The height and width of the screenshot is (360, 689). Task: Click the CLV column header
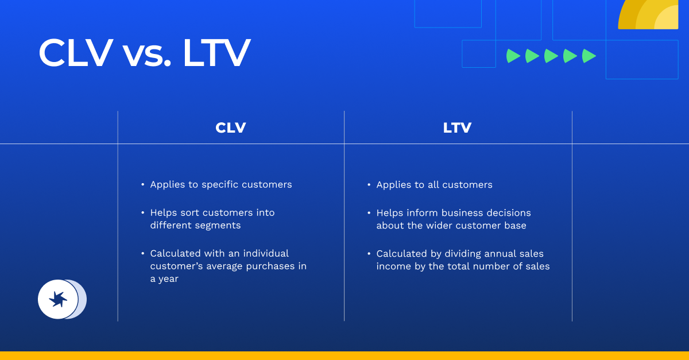pyautogui.click(x=231, y=127)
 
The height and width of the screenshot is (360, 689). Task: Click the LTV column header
pyautogui.click(x=457, y=127)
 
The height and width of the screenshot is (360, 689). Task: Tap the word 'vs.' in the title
pyautogui.click(x=147, y=54)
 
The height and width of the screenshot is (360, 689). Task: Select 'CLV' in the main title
pyautogui.click(x=75, y=54)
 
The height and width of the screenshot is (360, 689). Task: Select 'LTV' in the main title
pyautogui.click(x=216, y=54)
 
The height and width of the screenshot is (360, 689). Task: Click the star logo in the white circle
pyautogui.click(x=58, y=299)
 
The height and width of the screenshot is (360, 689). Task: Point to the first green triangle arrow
pyautogui.click(x=513, y=56)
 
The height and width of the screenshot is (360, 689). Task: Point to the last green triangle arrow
pyautogui.click(x=589, y=56)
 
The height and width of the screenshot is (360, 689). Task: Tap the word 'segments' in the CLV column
pyautogui.click(x=219, y=225)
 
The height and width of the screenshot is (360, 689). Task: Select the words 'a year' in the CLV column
pyautogui.click(x=164, y=279)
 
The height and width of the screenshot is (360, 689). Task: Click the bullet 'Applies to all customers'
pyautogui.click(x=434, y=184)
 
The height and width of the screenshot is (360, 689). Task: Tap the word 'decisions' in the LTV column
pyautogui.click(x=509, y=212)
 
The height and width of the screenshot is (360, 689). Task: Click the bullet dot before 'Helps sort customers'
pyautogui.click(x=143, y=212)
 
